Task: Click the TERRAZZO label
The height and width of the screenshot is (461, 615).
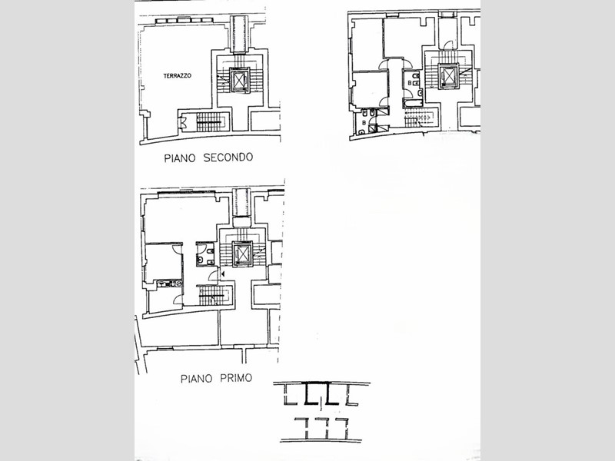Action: click(x=178, y=75)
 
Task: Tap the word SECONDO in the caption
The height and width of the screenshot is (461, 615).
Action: click(x=228, y=158)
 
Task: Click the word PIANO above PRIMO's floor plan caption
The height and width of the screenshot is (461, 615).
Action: click(x=196, y=379)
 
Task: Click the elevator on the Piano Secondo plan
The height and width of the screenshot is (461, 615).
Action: click(x=239, y=81)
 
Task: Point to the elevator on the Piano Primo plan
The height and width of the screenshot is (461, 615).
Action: click(x=243, y=254)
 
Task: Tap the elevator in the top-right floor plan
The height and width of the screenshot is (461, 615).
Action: click(x=448, y=76)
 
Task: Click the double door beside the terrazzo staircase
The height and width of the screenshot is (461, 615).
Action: click(x=182, y=123)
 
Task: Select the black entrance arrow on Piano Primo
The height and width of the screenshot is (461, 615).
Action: click(x=222, y=274)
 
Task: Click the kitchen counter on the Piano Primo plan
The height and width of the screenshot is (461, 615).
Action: click(x=169, y=284)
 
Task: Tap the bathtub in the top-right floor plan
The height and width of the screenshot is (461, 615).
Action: click(x=413, y=103)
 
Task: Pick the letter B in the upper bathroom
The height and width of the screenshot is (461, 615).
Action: click(x=410, y=83)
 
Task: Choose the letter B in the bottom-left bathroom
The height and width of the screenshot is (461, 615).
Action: click(x=364, y=123)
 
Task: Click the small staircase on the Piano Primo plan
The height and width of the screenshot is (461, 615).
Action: click(x=211, y=295)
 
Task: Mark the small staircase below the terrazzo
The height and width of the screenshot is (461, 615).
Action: click(x=210, y=122)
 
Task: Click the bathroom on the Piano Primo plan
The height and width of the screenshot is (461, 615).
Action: click(x=205, y=254)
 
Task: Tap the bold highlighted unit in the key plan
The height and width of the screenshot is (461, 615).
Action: click(x=322, y=393)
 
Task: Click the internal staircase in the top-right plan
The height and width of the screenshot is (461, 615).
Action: click(x=417, y=118)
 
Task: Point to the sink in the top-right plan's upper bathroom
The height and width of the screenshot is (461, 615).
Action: click(x=420, y=93)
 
